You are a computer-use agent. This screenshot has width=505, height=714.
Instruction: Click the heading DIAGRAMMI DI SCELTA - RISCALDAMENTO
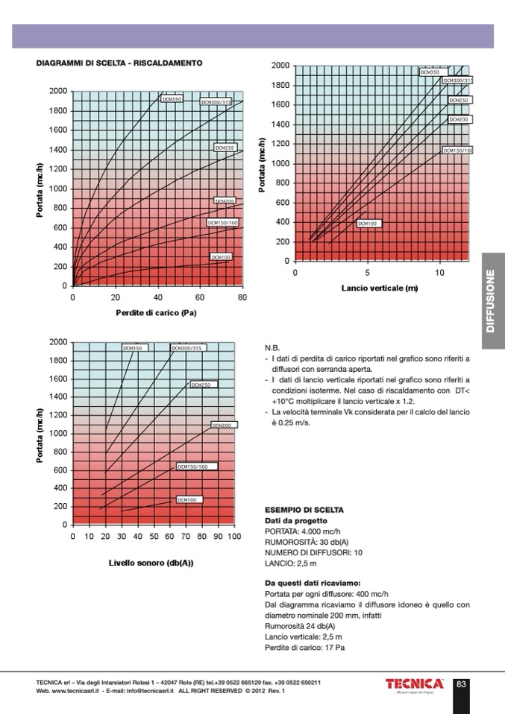click(x=119, y=63)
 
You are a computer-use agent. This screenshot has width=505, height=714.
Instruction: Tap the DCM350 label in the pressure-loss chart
click(x=172, y=98)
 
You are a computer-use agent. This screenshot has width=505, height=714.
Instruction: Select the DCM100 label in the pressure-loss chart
click(x=222, y=257)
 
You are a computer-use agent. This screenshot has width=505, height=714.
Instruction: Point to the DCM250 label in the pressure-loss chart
click(x=225, y=148)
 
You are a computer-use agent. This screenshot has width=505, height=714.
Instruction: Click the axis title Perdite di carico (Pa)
click(x=156, y=312)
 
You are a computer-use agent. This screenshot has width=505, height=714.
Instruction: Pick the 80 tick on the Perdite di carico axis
click(x=242, y=297)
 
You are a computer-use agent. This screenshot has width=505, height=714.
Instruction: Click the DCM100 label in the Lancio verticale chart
click(x=368, y=223)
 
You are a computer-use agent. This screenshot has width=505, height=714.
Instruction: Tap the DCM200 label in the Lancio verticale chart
click(x=459, y=119)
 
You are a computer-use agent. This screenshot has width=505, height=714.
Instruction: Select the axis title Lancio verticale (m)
click(x=379, y=288)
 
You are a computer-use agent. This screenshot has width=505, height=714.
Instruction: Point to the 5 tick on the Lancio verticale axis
click(x=368, y=272)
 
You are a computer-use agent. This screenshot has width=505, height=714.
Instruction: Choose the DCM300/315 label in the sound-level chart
click(x=187, y=347)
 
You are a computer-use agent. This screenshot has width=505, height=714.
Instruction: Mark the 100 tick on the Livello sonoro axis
click(x=233, y=536)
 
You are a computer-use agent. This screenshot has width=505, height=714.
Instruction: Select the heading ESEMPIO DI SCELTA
click(x=304, y=510)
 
